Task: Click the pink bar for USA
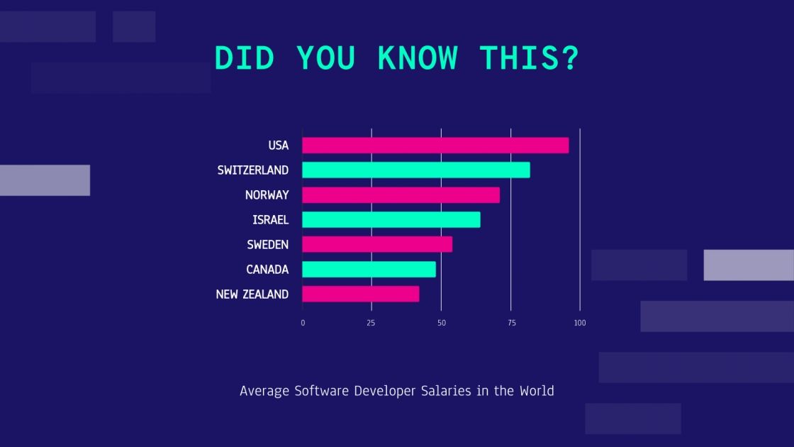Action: pos(435,145)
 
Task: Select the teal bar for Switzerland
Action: pos(416,170)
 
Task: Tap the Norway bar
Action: pos(401,195)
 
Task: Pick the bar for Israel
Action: pos(391,220)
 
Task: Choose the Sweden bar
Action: pos(377,245)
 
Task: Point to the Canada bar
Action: pos(369,270)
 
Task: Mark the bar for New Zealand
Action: pos(360,294)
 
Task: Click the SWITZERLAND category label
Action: pos(253,170)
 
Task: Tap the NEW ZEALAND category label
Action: pos(252,294)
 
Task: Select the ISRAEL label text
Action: pos(271,220)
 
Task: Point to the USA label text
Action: pos(279,145)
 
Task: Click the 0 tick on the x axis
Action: pos(303,323)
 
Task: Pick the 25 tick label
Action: pos(371,323)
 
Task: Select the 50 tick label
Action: pos(441,323)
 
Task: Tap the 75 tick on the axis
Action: pos(510,323)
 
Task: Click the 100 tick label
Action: pos(580,323)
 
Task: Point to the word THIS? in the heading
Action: pos(529,58)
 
